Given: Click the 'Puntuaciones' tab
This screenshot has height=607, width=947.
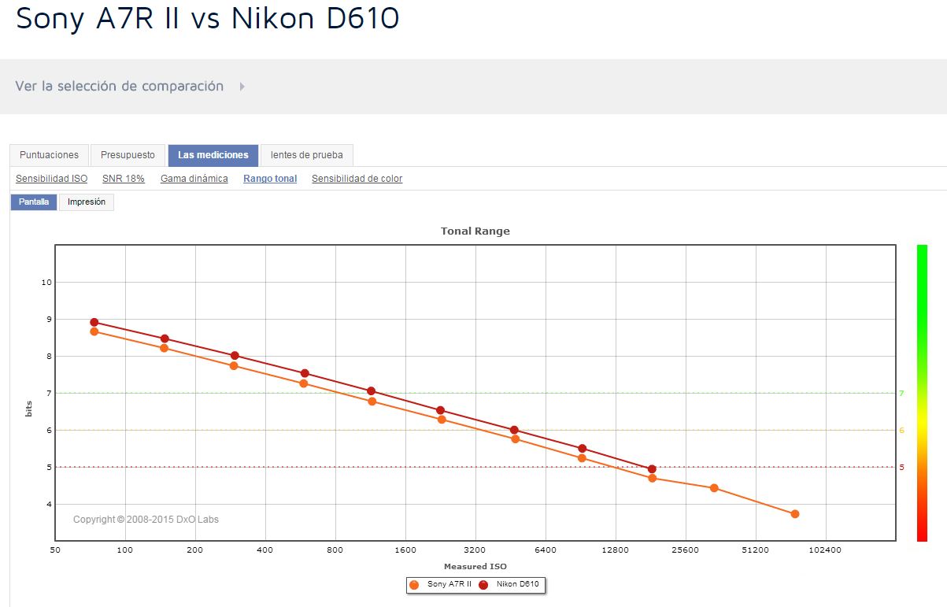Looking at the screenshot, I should pos(49,155).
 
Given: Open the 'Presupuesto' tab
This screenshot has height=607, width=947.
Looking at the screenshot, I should pos(128,155).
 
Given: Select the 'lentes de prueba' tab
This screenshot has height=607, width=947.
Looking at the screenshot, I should pos(307,155).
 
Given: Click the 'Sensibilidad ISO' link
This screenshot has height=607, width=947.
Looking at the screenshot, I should pos(51,179).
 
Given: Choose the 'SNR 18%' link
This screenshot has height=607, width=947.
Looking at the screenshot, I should pos(124,179).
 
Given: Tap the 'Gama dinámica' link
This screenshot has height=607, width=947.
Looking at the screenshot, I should pos(194,179).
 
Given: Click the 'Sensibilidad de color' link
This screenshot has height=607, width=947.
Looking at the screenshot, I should pos(357,179).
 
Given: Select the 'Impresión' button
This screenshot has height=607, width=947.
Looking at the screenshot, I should pos(87,202).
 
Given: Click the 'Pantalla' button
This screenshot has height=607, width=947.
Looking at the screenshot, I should pos(34,202).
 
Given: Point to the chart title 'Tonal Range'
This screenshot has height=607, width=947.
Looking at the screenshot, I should pos(475,231).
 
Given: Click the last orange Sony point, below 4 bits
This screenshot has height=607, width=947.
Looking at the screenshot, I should pos(795,514).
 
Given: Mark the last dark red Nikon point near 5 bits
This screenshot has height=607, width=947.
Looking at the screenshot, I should pos(652,469).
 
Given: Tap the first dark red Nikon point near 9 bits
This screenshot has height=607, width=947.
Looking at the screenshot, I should pos(94,322).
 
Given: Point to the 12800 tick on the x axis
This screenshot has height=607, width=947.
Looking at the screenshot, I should pos(615,550).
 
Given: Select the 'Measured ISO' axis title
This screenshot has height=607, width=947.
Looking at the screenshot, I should pos(475,566).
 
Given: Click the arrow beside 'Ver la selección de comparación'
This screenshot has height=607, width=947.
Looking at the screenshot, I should pos(242,87).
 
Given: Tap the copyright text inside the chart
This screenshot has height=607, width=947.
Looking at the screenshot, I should pos(146,520).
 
